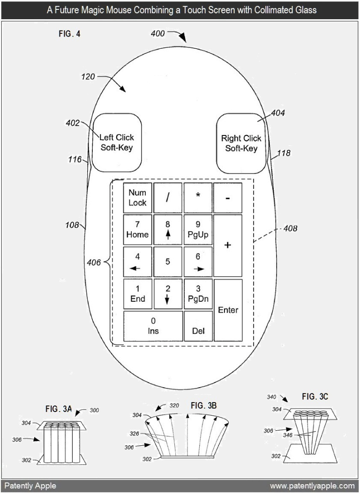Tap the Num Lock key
[137, 198]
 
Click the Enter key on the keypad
[228, 310]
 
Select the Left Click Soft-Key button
[117, 143]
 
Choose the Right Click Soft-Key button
[241, 143]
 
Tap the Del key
[198, 326]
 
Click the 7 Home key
[137, 230]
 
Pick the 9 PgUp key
[198, 230]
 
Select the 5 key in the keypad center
[168, 262]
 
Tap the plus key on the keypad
[228, 246]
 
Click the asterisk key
[198, 198]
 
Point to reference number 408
[290, 228]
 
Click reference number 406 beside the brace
[94, 262]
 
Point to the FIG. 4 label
[69, 34]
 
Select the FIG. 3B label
[203, 405]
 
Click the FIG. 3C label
[315, 397]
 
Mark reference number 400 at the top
[158, 33]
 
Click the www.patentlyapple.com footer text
[312, 486]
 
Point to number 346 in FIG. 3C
[287, 435]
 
